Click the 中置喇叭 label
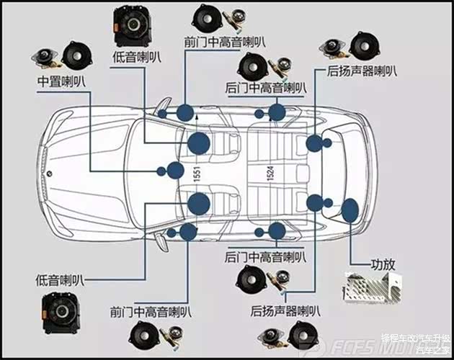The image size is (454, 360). pyautogui.click(x=61, y=81)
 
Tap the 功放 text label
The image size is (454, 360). pyautogui.click(x=383, y=264)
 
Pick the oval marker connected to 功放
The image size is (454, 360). pyautogui.click(x=350, y=211)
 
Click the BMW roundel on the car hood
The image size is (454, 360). pyautogui.click(x=47, y=173)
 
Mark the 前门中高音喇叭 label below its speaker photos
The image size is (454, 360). pyautogui.click(x=151, y=312)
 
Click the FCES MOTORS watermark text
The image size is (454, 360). pyautogui.click(x=361, y=347)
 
